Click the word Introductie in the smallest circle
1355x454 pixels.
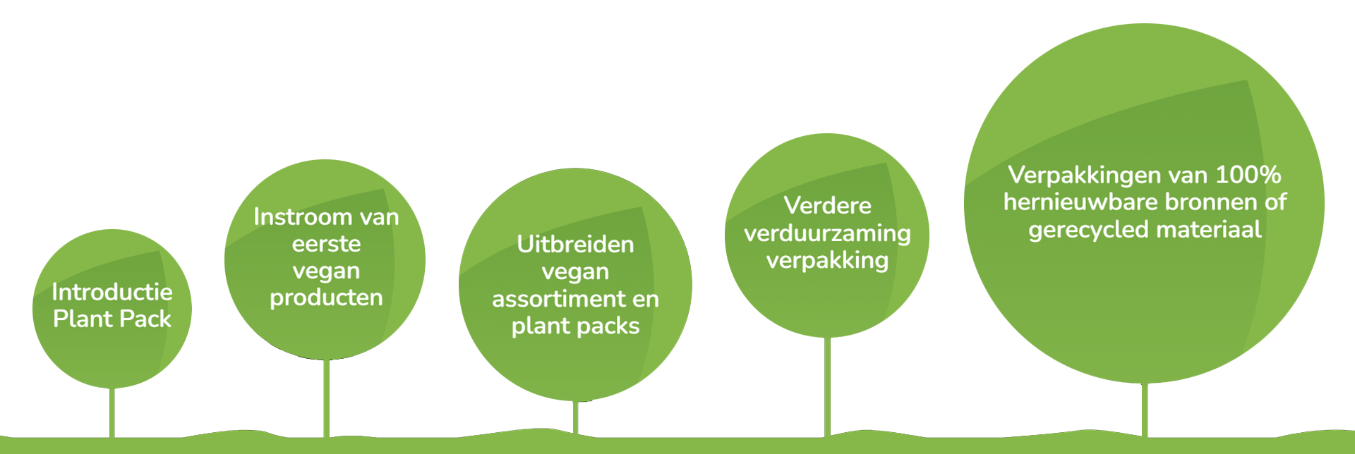pyautogui.click(x=112, y=292)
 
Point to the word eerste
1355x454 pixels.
pyautogui.click(x=326, y=244)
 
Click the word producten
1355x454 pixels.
pyautogui.click(x=326, y=297)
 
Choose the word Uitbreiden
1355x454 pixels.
pyautogui.click(x=575, y=245)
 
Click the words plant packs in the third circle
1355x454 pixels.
pyautogui.click(x=575, y=326)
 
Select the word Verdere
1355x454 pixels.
pyautogui.click(x=827, y=206)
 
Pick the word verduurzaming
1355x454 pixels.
pyautogui.click(x=827, y=233)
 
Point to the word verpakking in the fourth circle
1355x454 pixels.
pyautogui.click(x=827, y=261)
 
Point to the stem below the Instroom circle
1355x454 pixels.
pyautogui.click(x=326, y=398)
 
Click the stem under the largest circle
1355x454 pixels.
pyautogui.click(x=1145, y=410)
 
